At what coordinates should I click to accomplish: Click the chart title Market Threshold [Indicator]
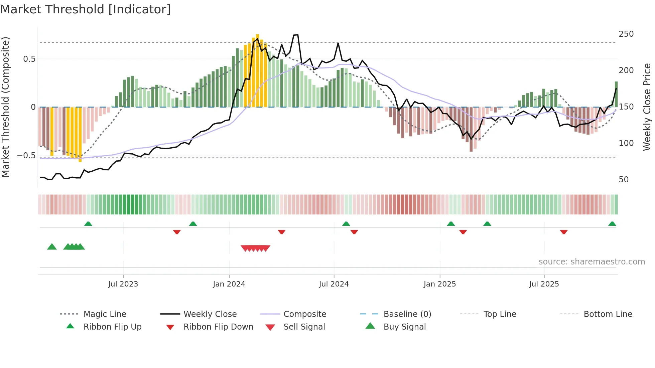pos(86,9)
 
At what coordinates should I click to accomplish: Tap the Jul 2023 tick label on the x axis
pos(123,284)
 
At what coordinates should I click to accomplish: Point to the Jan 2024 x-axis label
pos(229,284)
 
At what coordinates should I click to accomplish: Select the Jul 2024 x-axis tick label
pos(334,284)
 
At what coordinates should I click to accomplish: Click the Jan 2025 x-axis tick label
pos(439,284)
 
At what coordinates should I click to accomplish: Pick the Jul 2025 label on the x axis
pos(544,284)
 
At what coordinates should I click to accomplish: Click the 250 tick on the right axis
pos(626,34)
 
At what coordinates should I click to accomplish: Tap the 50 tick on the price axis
pos(624,180)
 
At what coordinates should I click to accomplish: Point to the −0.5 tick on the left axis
pos(26,156)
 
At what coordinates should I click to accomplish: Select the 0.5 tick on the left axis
pos(29,59)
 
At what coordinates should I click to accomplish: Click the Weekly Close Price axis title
pos(647,107)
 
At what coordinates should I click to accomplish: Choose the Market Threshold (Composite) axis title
pos(5,107)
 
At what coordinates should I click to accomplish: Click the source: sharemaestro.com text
pos(592,262)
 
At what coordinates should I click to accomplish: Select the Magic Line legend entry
pos(105,314)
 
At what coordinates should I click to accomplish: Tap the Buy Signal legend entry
pos(404,327)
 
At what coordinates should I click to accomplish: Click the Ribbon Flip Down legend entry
pos(218,327)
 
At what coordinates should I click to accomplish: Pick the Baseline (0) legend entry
pos(407,314)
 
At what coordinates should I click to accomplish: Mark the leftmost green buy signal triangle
pos(52,247)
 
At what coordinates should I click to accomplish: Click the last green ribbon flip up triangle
pos(612,224)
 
